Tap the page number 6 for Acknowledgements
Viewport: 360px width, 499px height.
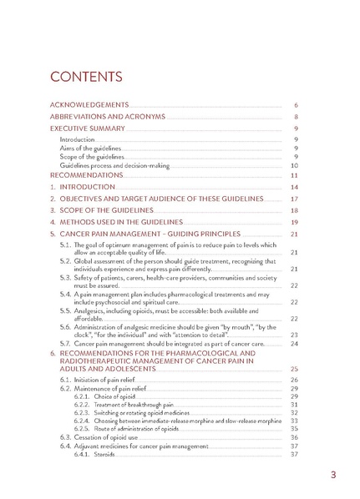click(296, 106)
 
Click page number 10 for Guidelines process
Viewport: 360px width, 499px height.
click(294, 166)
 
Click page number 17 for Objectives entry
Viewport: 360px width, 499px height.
click(294, 200)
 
